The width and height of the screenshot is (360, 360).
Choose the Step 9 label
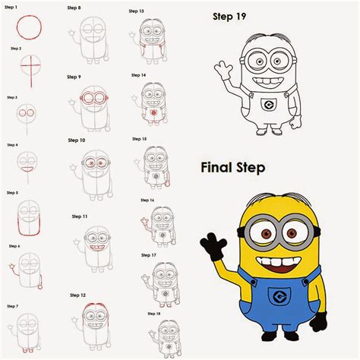click(74, 77)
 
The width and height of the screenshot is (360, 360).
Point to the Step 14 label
click(138, 75)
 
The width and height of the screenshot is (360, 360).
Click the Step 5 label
click(12, 193)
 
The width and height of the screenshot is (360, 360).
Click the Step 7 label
click(12, 305)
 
